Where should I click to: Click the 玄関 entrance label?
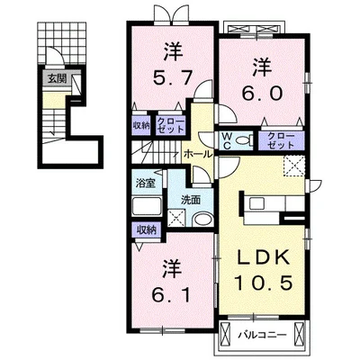pyautogui.click(x=58, y=79)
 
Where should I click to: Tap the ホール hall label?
pyautogui.click(x=198, y=154)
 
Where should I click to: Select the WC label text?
pyautogui.click(x=226, y=141)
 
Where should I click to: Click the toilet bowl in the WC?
pyautogui.click(x=244, y=140)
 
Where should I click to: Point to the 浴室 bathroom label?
pyautogui.click(x=145, y=183)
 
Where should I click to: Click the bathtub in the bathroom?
pyautogui.click(x=147, y=206)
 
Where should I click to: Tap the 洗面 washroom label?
pyautogui.click(x=190, y=200)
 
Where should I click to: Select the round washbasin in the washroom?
pyautogui.click(x=203, y=220)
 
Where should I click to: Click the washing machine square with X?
pyautogui.click(x=177, y=217)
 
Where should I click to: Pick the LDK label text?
pyautogui.click(x=263, y=257)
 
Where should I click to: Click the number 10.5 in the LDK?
pyautogui.click(x=263, y=283)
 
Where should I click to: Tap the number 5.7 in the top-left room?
pyautogui.click(x=172, y=78)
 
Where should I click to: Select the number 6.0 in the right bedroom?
pyautogui.click(x=262, y=93)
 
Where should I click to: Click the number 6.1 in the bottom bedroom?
pyautogui.click(x=171, y=295)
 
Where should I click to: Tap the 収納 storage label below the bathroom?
pyautogui.click(x=147, y=230)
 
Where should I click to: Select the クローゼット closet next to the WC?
pyautogui.click(x=281, y=140)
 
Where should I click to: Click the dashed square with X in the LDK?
pyautogui.click(x=295, y=166)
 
